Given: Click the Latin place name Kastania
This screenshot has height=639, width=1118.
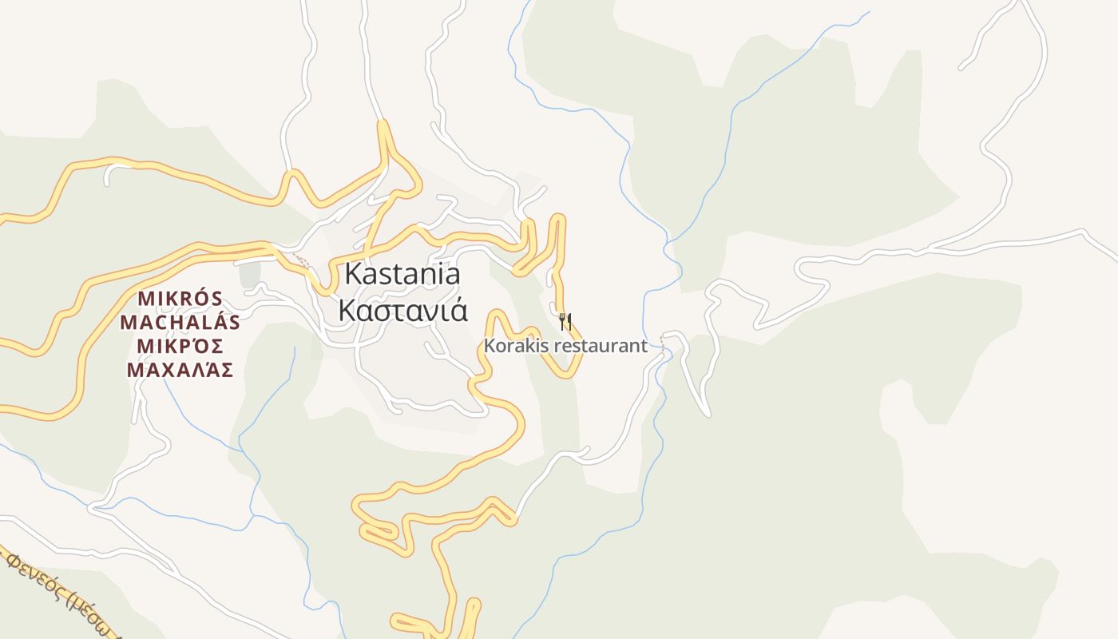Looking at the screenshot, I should (402, 274).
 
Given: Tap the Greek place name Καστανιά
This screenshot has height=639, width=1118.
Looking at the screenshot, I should (402, 310).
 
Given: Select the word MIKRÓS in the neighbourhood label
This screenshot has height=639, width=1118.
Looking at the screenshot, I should (180, 299).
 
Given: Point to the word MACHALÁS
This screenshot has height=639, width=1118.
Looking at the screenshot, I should (180, 322).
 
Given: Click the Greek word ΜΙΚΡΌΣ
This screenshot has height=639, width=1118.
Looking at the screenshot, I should (180, 346).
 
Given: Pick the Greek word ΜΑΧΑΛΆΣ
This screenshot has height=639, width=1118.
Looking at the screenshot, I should (180, 370).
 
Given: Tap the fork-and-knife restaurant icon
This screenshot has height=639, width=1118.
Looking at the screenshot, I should (565, 322).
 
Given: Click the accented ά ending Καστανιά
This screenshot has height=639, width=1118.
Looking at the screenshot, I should (458, 310).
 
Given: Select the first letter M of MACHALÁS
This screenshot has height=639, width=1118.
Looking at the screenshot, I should (128, 322).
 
